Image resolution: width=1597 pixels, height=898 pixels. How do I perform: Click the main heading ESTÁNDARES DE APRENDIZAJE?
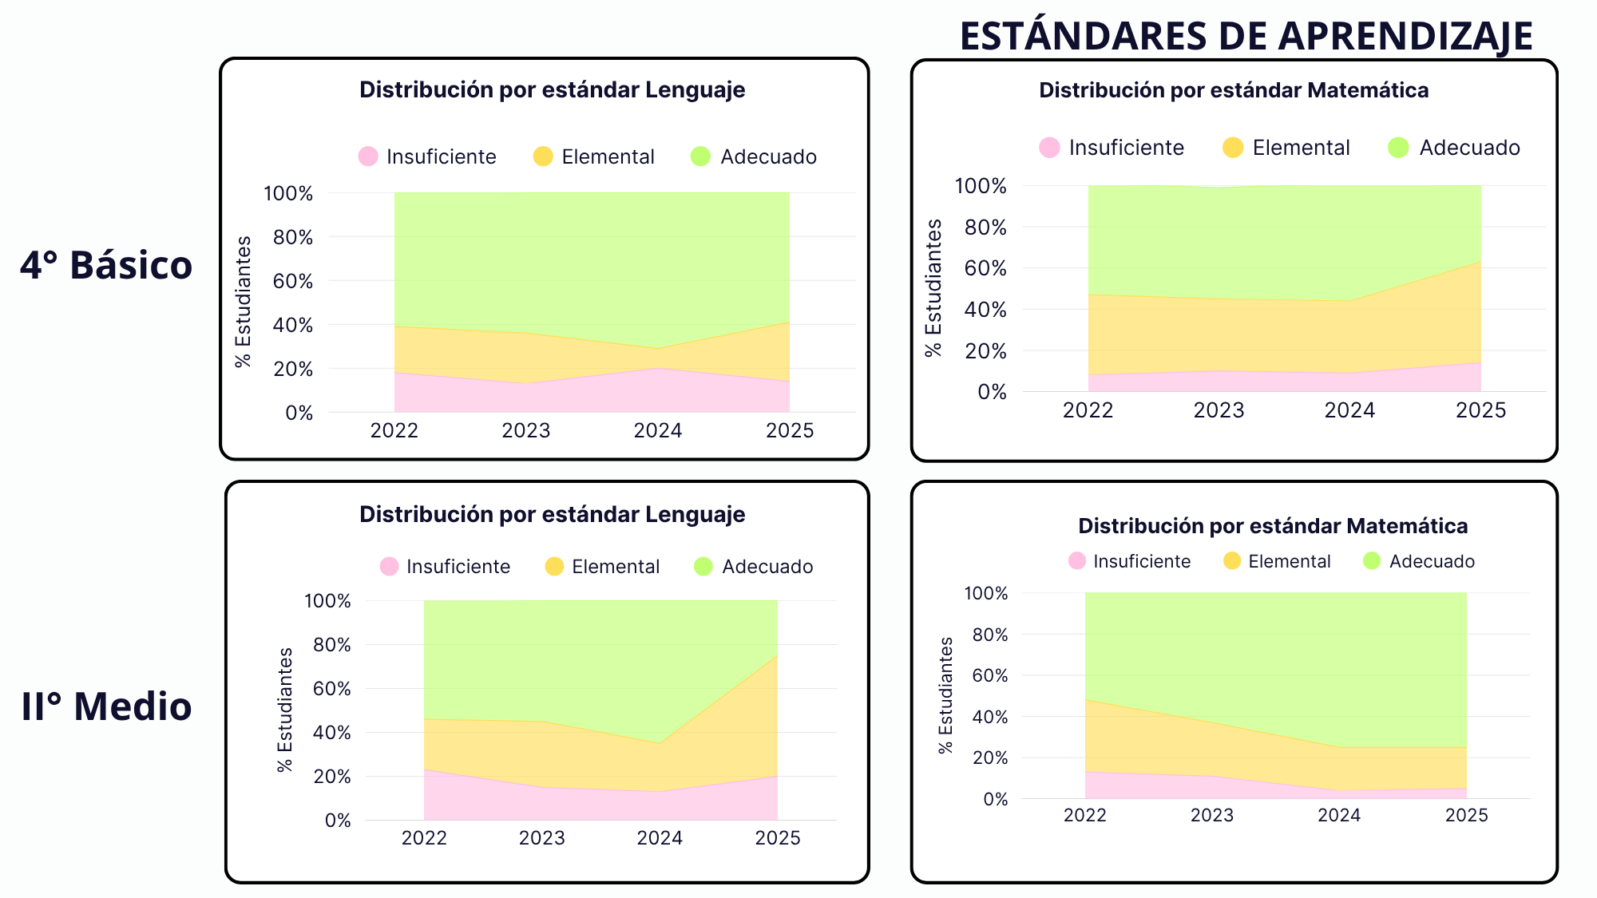(1246, 36)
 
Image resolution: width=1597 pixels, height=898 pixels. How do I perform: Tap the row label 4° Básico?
(106, 265)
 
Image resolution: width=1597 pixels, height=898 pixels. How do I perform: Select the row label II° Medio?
(106, 706)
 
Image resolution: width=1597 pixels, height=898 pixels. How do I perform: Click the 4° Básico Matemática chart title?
(1234, 90)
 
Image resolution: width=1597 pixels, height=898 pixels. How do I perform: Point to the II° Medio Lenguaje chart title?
(553, 514)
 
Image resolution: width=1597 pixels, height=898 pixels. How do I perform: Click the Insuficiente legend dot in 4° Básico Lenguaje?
(368, 156)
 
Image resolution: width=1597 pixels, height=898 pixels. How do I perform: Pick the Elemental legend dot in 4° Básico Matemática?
(1233, 148)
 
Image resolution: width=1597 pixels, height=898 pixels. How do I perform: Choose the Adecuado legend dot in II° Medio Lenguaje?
(703, 567)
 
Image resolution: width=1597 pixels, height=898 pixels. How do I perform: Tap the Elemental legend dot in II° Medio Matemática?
(1232, 561)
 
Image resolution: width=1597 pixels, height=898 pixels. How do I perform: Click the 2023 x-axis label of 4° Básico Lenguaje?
(526, 431)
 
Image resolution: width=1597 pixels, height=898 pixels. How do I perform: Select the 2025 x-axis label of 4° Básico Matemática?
(1481, 410)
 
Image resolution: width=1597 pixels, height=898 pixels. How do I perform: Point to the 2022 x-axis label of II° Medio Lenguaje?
(424, 838)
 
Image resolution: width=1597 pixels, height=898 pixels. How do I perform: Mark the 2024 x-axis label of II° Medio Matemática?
(1340, 815)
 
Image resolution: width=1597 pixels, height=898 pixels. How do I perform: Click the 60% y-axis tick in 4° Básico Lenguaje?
(293, 281)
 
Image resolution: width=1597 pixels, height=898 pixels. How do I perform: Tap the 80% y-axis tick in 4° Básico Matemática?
(985, 227)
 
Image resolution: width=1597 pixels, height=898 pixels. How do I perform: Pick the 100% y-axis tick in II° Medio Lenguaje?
(327, 601)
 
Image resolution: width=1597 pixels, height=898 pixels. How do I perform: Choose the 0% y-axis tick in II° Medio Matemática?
(996, 799)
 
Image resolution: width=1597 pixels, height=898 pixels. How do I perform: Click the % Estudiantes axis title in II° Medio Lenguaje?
(285, 710)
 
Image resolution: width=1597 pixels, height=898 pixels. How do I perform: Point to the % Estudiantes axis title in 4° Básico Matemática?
(933, 288)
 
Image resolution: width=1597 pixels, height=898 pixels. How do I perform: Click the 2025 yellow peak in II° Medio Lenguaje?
(778, 655)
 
